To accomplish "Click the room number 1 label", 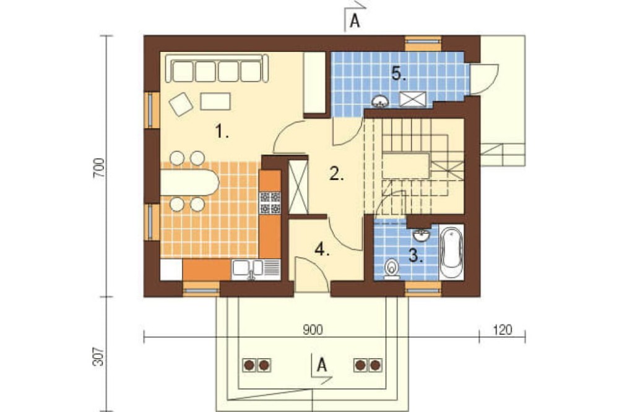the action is pyautogui.click(x=222, y=131).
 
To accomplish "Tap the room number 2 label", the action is pyautogui.click(x=336, y=174).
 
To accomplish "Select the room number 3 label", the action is pyautogui.click(x=416, y=255).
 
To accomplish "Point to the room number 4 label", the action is pyautogui.click(x=322, y=249).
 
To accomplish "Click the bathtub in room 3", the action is pyautogui.click(x=451, y=252).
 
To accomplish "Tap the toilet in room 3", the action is pyautogui.click(x=392, y=268).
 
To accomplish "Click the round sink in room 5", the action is pyautogui.click(x=380, y=101).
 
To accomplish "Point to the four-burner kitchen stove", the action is pyautogui.click(x=270, y=202).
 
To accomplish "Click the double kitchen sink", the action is pyautogui.click(x=248, y=268).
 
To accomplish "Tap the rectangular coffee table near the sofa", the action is pyautogui.click(x=215, y=101).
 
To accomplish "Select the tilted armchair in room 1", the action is pyautogui.click(x=181, y=104).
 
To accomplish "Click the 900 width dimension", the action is pyautogui.click(x=313, y=330).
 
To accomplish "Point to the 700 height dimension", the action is pyautogui.click(x=99, y=168).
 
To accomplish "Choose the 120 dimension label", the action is pyautogui.click(x=502, y=330).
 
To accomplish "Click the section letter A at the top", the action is pyautogui.click(x=355, y=21).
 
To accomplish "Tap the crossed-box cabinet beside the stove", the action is pyautogui.click(x=298, y=187).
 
